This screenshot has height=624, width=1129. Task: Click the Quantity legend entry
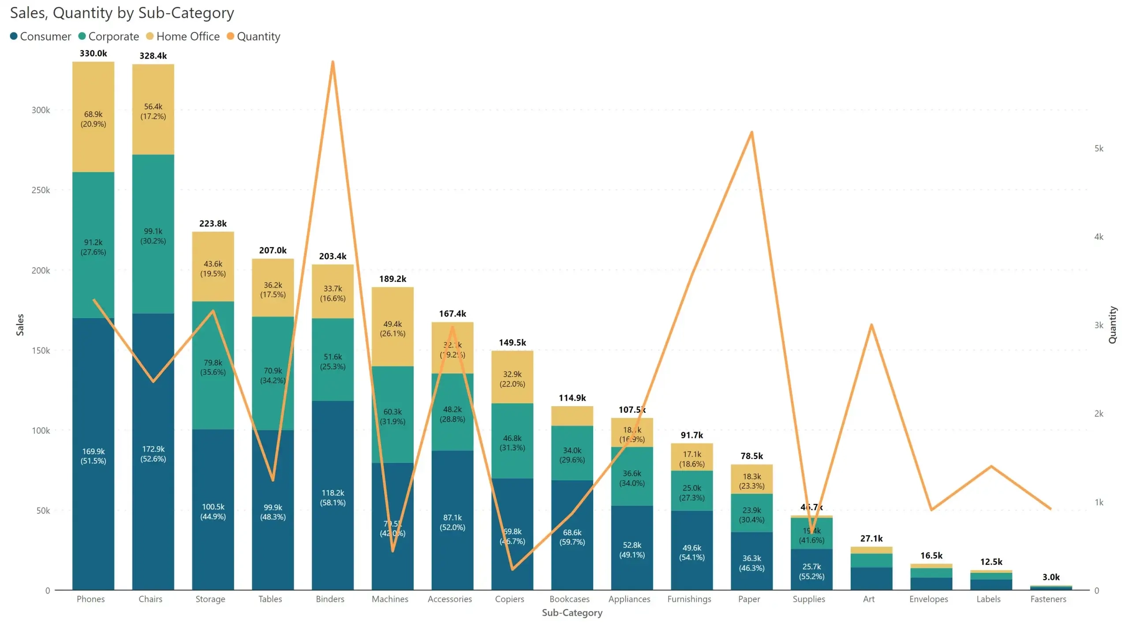pyautogui.click(x=254, y=37)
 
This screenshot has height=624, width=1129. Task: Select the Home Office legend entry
pyautogui.click(x=183, y=37)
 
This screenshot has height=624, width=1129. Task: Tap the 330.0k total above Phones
pyautogui.click(x=93, y=53)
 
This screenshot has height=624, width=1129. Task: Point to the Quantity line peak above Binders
pyautogui.click(x=333, y=63)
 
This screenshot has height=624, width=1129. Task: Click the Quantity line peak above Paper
pyautogui.click(x=751, y=132)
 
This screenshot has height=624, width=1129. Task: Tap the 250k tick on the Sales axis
pyautogui.click(x=41, y=190)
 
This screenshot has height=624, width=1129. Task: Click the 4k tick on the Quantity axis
pyautogui.click(x=1099, y=237)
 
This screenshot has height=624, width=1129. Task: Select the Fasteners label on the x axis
pyautogui.click(x=1048, y=599)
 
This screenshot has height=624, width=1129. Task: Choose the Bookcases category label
pyautogui.click(x=569, y=599)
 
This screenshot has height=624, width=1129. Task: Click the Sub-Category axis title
pyautogui.click(x=572, y=613)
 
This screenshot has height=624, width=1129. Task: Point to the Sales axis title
pyautogui.click(x=20, y=325)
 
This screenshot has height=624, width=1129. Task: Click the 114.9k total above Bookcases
pyautogui.click(x=572, y=398)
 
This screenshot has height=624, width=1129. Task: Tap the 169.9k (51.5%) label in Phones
pyautogui.click(x=93, y=456)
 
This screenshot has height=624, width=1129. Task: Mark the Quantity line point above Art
pyautogui.click(x=871, y=325)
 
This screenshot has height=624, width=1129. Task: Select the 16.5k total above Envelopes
pyautogui.click(x=931, y=556)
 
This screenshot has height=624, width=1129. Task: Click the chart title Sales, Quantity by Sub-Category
pyautogui.click(x=122, y=13)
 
